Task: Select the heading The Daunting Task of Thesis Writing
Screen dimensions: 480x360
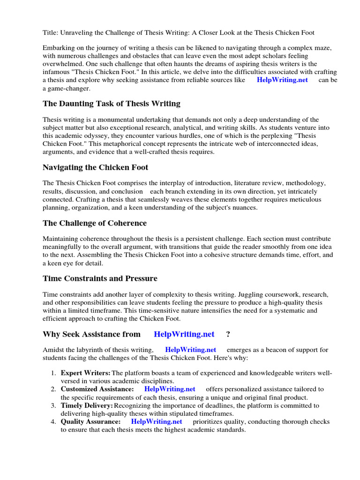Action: point(111,103)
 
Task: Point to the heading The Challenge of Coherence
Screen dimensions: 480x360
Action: point(94,223)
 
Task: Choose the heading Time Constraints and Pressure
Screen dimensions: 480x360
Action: point(100,278)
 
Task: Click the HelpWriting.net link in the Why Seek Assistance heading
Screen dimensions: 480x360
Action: point(184,334)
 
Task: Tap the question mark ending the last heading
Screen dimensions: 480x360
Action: point(228,334)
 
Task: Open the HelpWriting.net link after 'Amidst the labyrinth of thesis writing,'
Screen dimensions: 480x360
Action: point(190,350)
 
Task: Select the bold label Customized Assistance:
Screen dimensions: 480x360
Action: point(97,389)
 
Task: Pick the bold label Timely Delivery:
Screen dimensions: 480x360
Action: point(87,405)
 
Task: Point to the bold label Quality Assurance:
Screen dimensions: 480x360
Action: point(90,421)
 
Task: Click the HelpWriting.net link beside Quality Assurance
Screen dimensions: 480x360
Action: point(157,421)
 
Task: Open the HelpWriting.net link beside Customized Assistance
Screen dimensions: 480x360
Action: point(170,389)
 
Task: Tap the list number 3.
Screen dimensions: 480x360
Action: point(53,405)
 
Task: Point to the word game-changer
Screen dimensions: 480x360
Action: point(67,88)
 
